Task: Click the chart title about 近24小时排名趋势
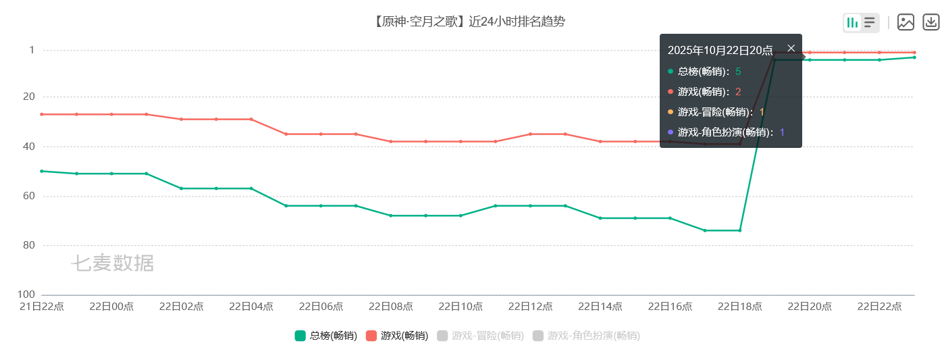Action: point(469,22)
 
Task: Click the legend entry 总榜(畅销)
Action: point(326,336)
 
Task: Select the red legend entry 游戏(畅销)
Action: point(396,336)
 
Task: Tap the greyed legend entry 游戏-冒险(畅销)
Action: point(480,336)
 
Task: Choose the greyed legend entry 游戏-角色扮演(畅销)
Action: point(585,336)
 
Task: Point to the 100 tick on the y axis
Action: point(27,294)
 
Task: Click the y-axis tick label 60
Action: point(29,196)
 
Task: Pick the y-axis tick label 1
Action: point(32,50)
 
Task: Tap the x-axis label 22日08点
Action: point(390,306)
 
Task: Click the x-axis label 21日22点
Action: point(42,306)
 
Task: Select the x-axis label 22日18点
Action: point(739,306)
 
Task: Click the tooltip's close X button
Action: point(791,48)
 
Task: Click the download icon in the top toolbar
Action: point(931,22)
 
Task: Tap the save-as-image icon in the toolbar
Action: point(906,22)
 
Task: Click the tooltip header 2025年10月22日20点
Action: point(720,50)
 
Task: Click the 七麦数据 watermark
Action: point(113,263)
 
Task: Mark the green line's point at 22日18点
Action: point(740,230)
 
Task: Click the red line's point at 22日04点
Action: point(251,119)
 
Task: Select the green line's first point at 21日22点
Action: point(42,171)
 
